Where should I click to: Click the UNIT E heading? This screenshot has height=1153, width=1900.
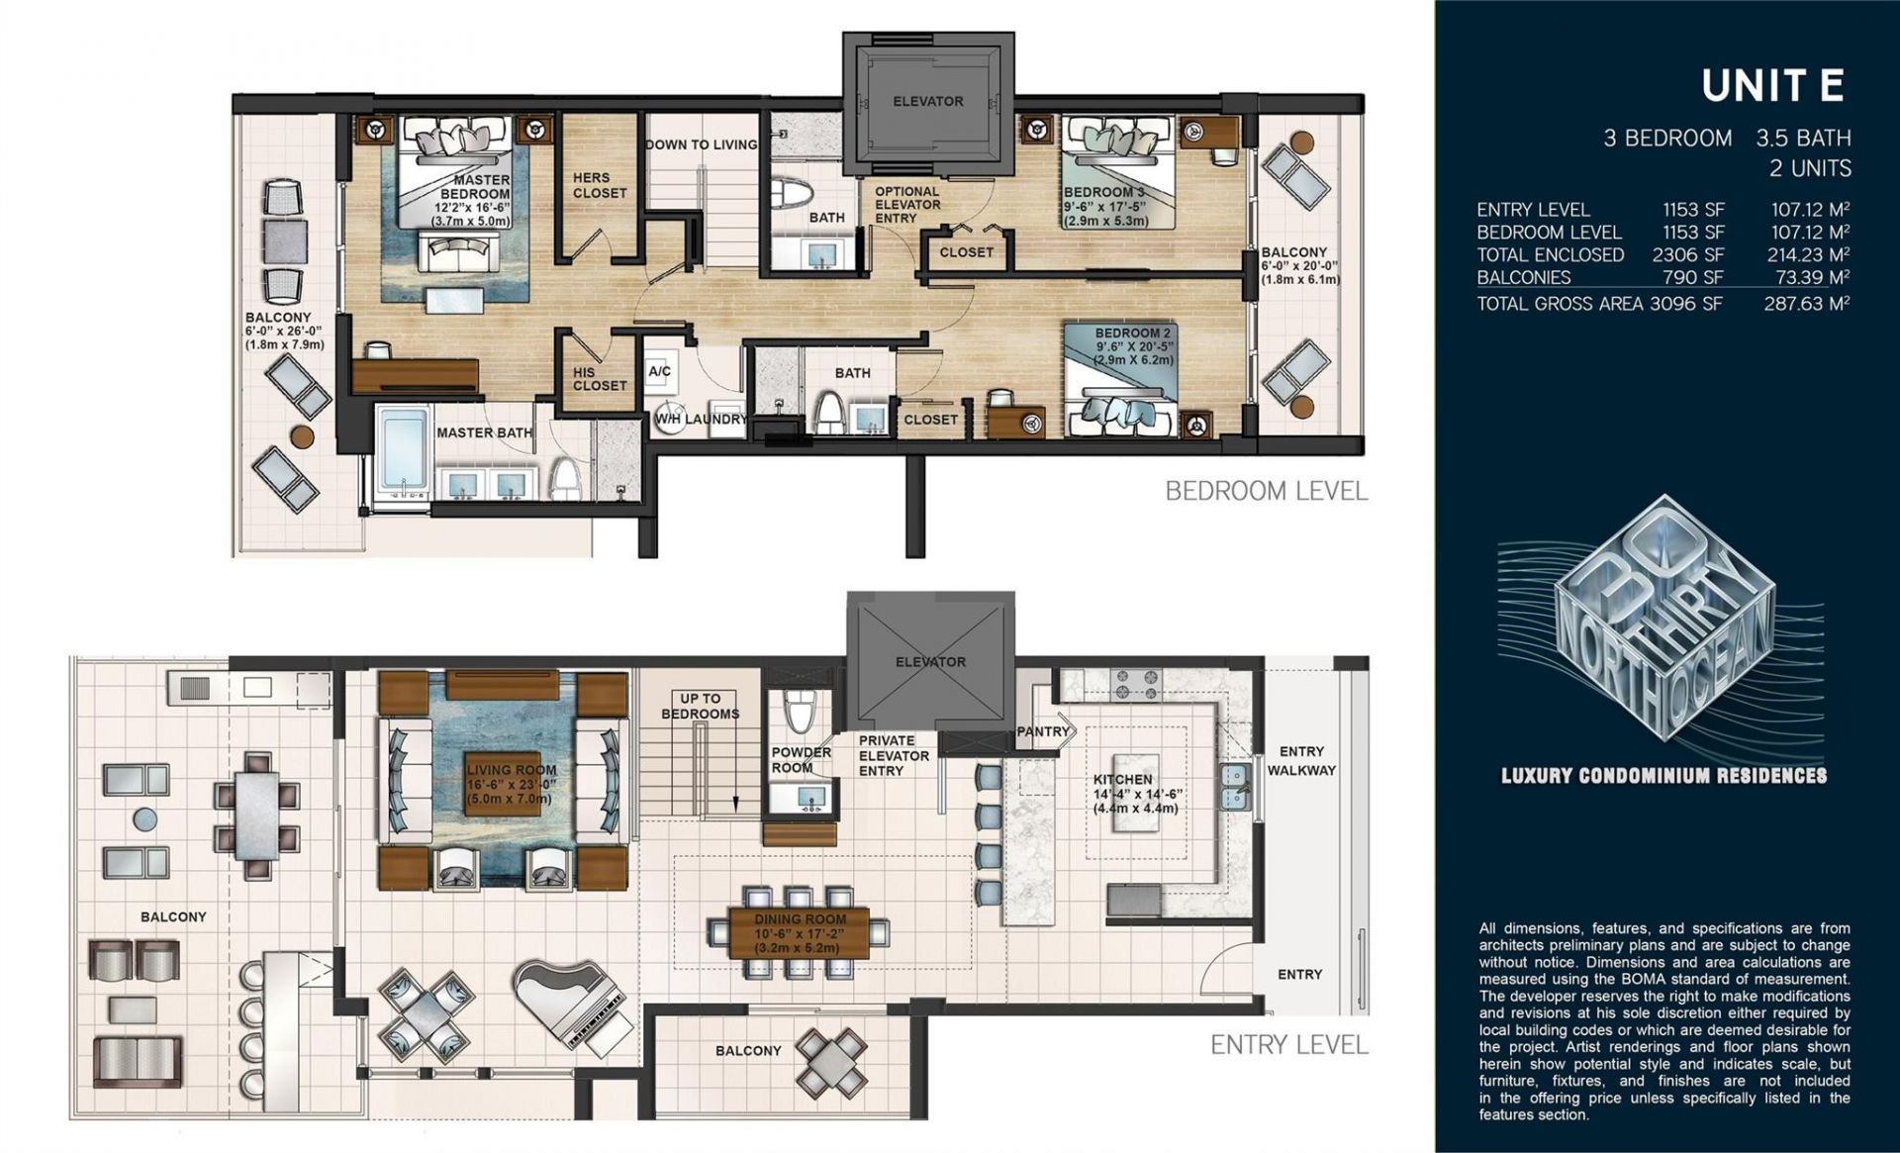1772,87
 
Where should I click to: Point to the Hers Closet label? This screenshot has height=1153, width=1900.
600,185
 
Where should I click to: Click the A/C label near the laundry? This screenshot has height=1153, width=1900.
659,371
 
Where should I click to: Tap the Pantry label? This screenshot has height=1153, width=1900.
1043,731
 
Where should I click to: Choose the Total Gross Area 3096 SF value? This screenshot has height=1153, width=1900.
1686,304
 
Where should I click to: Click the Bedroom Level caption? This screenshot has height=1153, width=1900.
1267,491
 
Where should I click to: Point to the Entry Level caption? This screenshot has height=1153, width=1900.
1288,1045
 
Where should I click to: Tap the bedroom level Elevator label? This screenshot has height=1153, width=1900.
927,101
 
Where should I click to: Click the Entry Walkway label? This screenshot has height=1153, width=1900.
1301,760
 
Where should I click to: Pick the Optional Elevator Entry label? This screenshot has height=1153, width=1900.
906,205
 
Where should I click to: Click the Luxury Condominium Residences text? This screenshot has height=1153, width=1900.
1663,776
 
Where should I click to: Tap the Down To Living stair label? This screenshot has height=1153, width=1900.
701,144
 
